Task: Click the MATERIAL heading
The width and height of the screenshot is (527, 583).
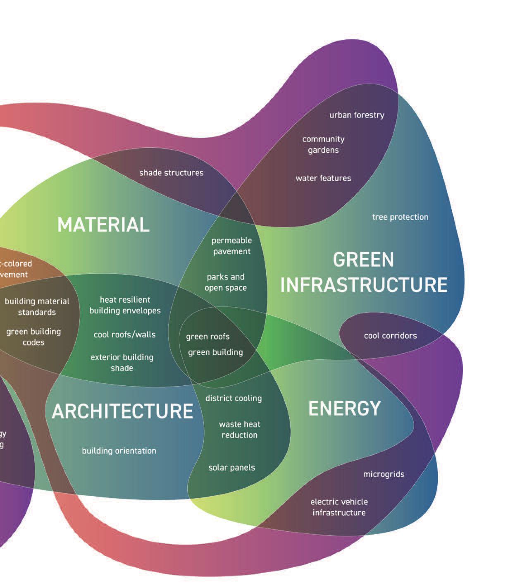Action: (103, 225)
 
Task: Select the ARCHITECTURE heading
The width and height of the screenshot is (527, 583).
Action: (122, 411)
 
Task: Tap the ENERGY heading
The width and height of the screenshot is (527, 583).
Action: (344, 409)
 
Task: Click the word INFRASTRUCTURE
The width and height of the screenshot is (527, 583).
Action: (364, 285)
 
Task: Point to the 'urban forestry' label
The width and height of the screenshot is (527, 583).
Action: (357, 115)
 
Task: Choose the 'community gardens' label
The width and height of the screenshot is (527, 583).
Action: (323, 145)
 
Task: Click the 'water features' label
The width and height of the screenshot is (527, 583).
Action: (323, 178)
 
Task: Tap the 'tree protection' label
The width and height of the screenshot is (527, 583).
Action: (400, 217)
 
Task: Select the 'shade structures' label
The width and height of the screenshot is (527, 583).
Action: (171, 173)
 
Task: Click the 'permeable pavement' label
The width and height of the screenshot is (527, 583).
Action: (231, 246)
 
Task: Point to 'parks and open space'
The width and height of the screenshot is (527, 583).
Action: (226, 282)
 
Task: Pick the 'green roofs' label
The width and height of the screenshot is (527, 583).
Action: (207, 337)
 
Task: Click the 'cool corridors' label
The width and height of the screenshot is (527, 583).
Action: (390, 336)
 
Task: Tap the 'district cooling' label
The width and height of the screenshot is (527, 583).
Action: (234, 398)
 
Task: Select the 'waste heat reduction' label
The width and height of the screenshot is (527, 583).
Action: (239, 430)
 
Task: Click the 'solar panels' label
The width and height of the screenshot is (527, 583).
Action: (231, 468)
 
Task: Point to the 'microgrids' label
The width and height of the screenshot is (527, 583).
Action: (384, 474)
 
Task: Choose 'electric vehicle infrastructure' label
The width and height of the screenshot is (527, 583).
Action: (339, 507)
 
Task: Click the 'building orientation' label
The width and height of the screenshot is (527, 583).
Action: (119, 451)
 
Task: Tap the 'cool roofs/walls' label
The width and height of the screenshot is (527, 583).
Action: (124, 335)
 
